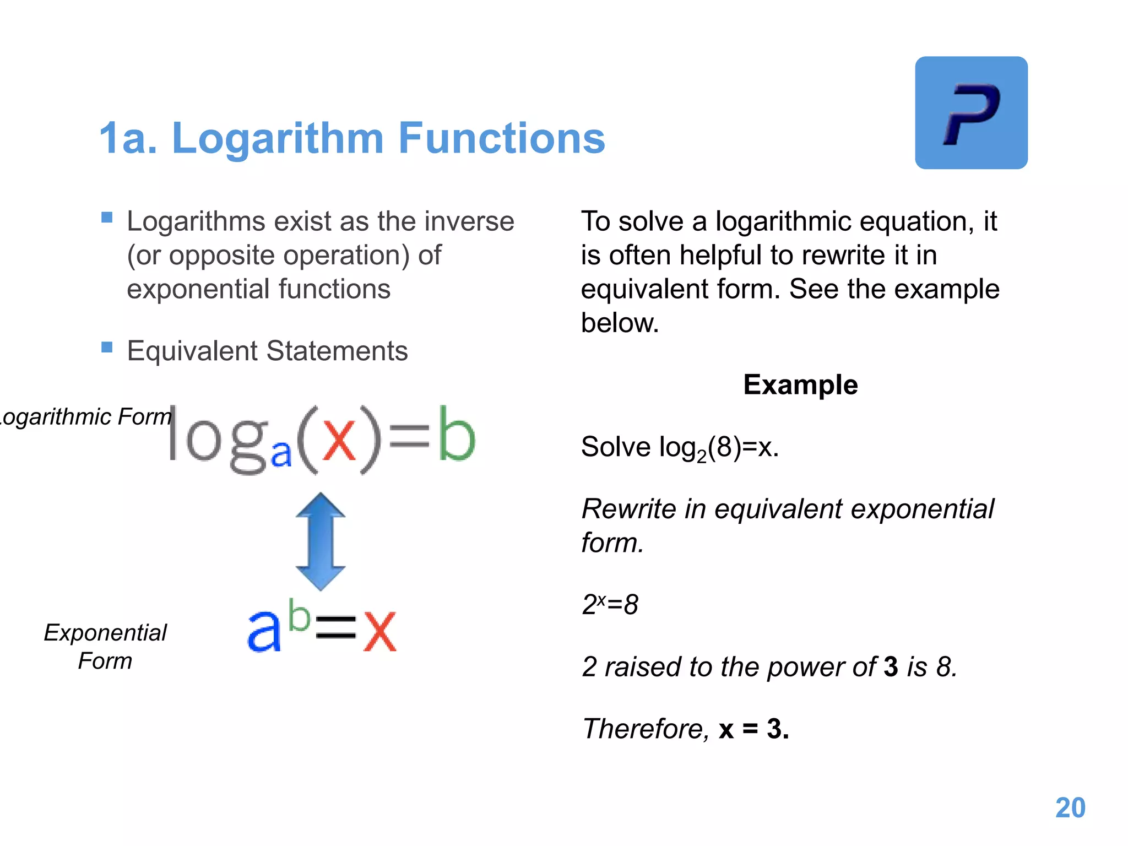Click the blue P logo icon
(x=971, y=113)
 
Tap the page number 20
(x=1070, y=808)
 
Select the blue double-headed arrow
(x=321, y=541)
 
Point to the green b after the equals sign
(x=456, y=435)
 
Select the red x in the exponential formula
(x=379, y=631)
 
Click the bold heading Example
(x=800, y=384)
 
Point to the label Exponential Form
(x=105, y=647)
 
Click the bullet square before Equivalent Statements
(x=107, y=347)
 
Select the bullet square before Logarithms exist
(x=107, y=218)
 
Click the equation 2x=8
(x=610, y=604)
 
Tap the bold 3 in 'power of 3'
(x=891, y=667)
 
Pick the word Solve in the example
(x=615, y=447)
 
